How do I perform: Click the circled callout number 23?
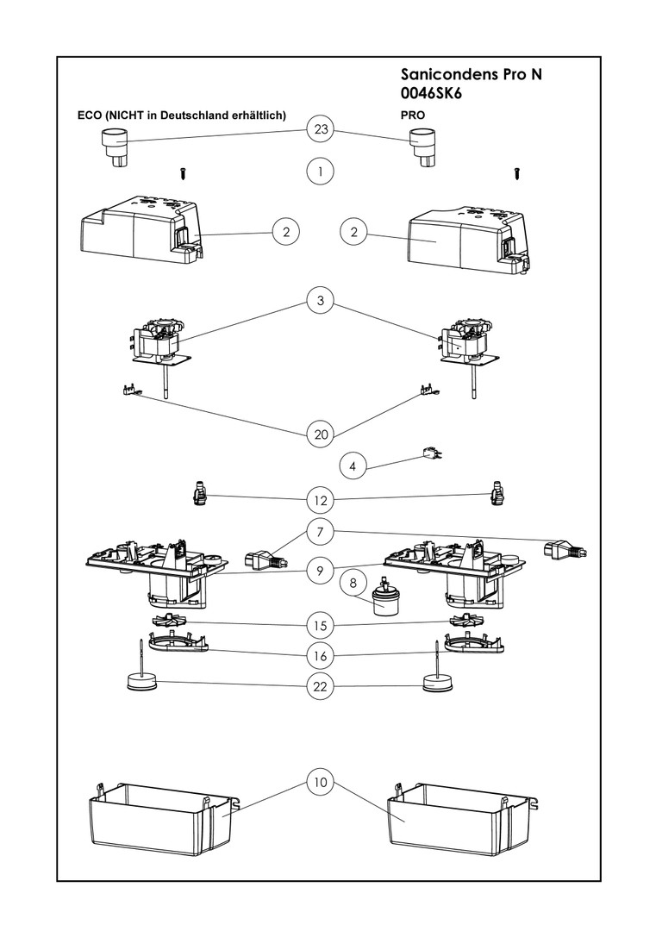pyautogui.click(x=321, y=129)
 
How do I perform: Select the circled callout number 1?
pyautogui.click(x=321, y=171)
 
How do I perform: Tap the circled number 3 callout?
pyautogui.click(x=321, y=301)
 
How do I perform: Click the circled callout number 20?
pyautogui.click(x=321, y=434)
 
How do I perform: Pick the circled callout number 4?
pyautogui.click(x=352, y=466)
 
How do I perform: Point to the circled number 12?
pyautogui.click(x=321, y=499)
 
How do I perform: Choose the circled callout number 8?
pyautogui.click(x=352, y=582)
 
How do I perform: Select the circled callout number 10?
pyautogui.click(x=321, y=783)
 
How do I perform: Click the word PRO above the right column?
pyautogui.click(x=413, y=114)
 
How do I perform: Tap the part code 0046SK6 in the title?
pyautogui.click(x=432, y=94)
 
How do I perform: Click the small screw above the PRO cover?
pyautogui.click(x=517, y=172)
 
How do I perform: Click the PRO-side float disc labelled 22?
pyautogui.click(x=440, y=682)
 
